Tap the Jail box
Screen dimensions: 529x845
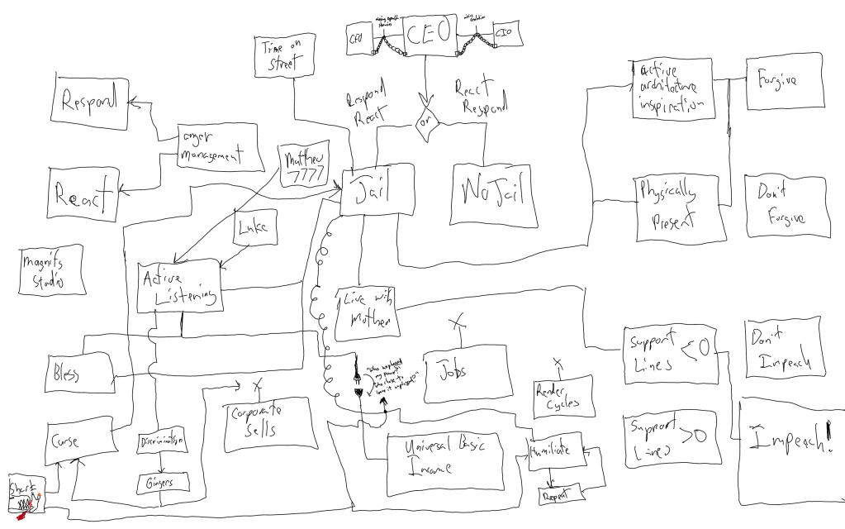[x=377, y=191]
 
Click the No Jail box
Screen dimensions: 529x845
[x=490, y=193]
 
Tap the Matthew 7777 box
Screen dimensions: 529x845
[x=301, y=164]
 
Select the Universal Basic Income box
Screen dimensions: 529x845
[x=450, y=457]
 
